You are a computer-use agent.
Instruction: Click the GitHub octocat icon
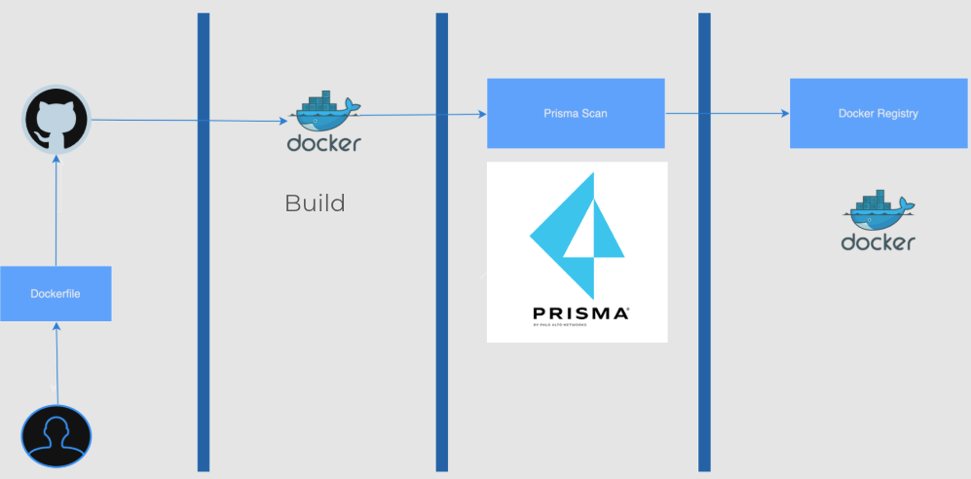(56, 119)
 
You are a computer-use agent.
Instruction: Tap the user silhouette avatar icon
(56, 437)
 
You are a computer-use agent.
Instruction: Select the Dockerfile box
(56, 293)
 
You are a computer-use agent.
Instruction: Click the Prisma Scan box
(575, 113)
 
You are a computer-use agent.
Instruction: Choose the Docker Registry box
(878, 113)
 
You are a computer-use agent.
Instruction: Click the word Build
(315, 203)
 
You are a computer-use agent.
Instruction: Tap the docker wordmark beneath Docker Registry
(878, 242)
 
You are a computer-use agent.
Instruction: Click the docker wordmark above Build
(324, 144)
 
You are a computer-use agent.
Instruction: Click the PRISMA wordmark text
(580, 313)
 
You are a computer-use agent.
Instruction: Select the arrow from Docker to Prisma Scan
(419, 115)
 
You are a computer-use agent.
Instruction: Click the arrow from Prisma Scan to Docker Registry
(727, 114)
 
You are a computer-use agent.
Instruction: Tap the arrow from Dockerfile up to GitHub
(56, 209)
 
